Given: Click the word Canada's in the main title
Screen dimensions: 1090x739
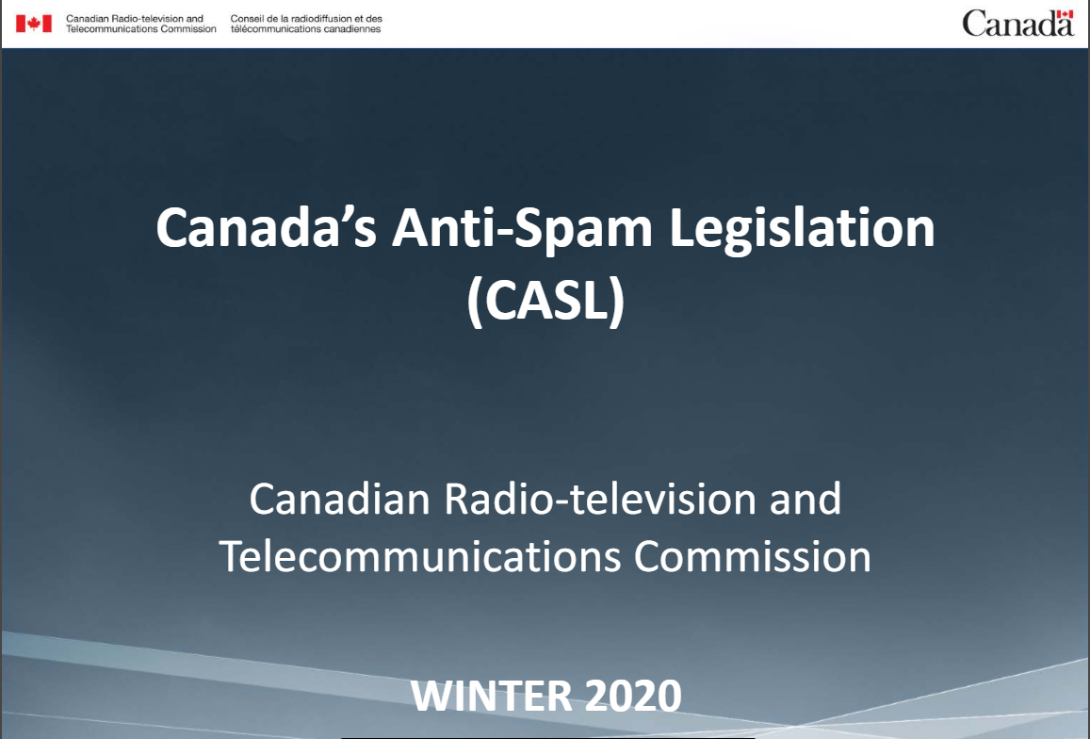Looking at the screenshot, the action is [x=267, y=227].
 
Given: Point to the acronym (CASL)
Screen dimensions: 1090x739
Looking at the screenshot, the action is [x=545, y=301].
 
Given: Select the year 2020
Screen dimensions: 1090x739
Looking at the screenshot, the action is [x=633, y=695].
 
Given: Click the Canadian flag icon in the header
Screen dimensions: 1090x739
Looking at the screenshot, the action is [x=33, y=24].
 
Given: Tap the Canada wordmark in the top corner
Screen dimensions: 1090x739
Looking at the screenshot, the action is [x=1017, y=24].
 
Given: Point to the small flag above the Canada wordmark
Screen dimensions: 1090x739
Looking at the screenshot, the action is [x=1065, y=14].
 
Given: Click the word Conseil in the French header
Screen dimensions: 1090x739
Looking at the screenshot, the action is [x=246, y=19].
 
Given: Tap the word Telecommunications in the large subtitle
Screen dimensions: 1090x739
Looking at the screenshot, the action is [x=420, y=557].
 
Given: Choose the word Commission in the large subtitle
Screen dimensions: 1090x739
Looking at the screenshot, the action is [x=752, y=557].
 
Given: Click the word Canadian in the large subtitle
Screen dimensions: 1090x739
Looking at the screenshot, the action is [x=340, y=499].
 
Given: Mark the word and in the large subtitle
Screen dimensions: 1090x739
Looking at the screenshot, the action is [x=805, y=499].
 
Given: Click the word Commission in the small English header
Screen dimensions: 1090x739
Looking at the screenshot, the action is [x=188, y=28].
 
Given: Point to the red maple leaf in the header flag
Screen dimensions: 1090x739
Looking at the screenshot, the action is [x=33, y=24].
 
